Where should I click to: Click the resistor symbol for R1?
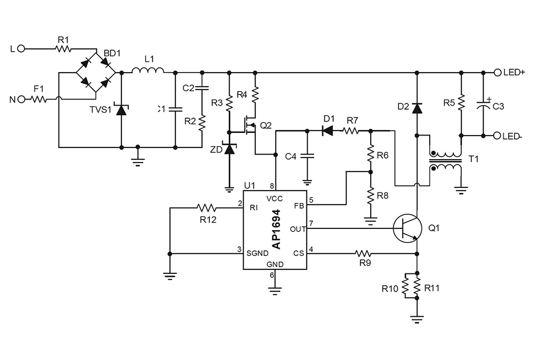tap(62, 49)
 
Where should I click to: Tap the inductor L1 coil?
tap(148, 71)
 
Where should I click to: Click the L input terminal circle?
tap(21, 49)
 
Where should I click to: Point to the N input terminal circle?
tap(21, 100)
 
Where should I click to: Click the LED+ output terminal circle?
tap(497, 72)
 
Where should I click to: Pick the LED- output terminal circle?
tap(497, 136)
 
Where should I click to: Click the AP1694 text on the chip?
tap(276, 229)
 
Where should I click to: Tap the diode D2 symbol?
tap(417, 107)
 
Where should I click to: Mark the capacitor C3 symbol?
tap(483, 105)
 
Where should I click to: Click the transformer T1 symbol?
tap(445, 161)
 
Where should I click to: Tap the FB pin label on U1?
tap(298, 206)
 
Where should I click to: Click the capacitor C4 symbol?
tap(307, 156)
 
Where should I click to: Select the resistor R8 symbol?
tap(370, 196)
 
